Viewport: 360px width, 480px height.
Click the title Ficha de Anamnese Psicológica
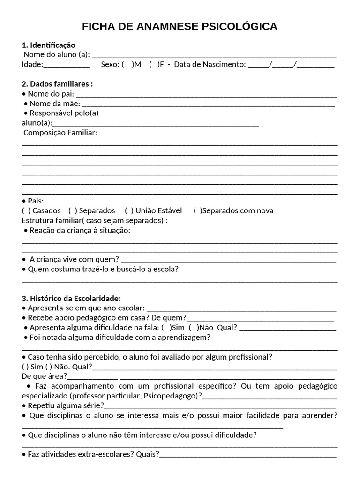180,27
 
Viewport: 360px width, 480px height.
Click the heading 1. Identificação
48,45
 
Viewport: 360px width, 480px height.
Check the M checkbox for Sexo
127,65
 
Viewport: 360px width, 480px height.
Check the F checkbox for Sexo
153,65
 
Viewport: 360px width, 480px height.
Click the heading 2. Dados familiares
57,84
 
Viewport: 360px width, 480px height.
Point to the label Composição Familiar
60,133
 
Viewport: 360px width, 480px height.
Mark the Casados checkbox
26,210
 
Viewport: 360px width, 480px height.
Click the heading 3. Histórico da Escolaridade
71,298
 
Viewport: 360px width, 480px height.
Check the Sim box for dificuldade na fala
166,328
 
